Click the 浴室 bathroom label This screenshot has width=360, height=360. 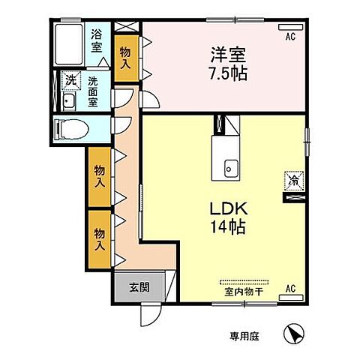[x=97, y=39]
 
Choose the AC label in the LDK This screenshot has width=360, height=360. [x=290, y=286]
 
